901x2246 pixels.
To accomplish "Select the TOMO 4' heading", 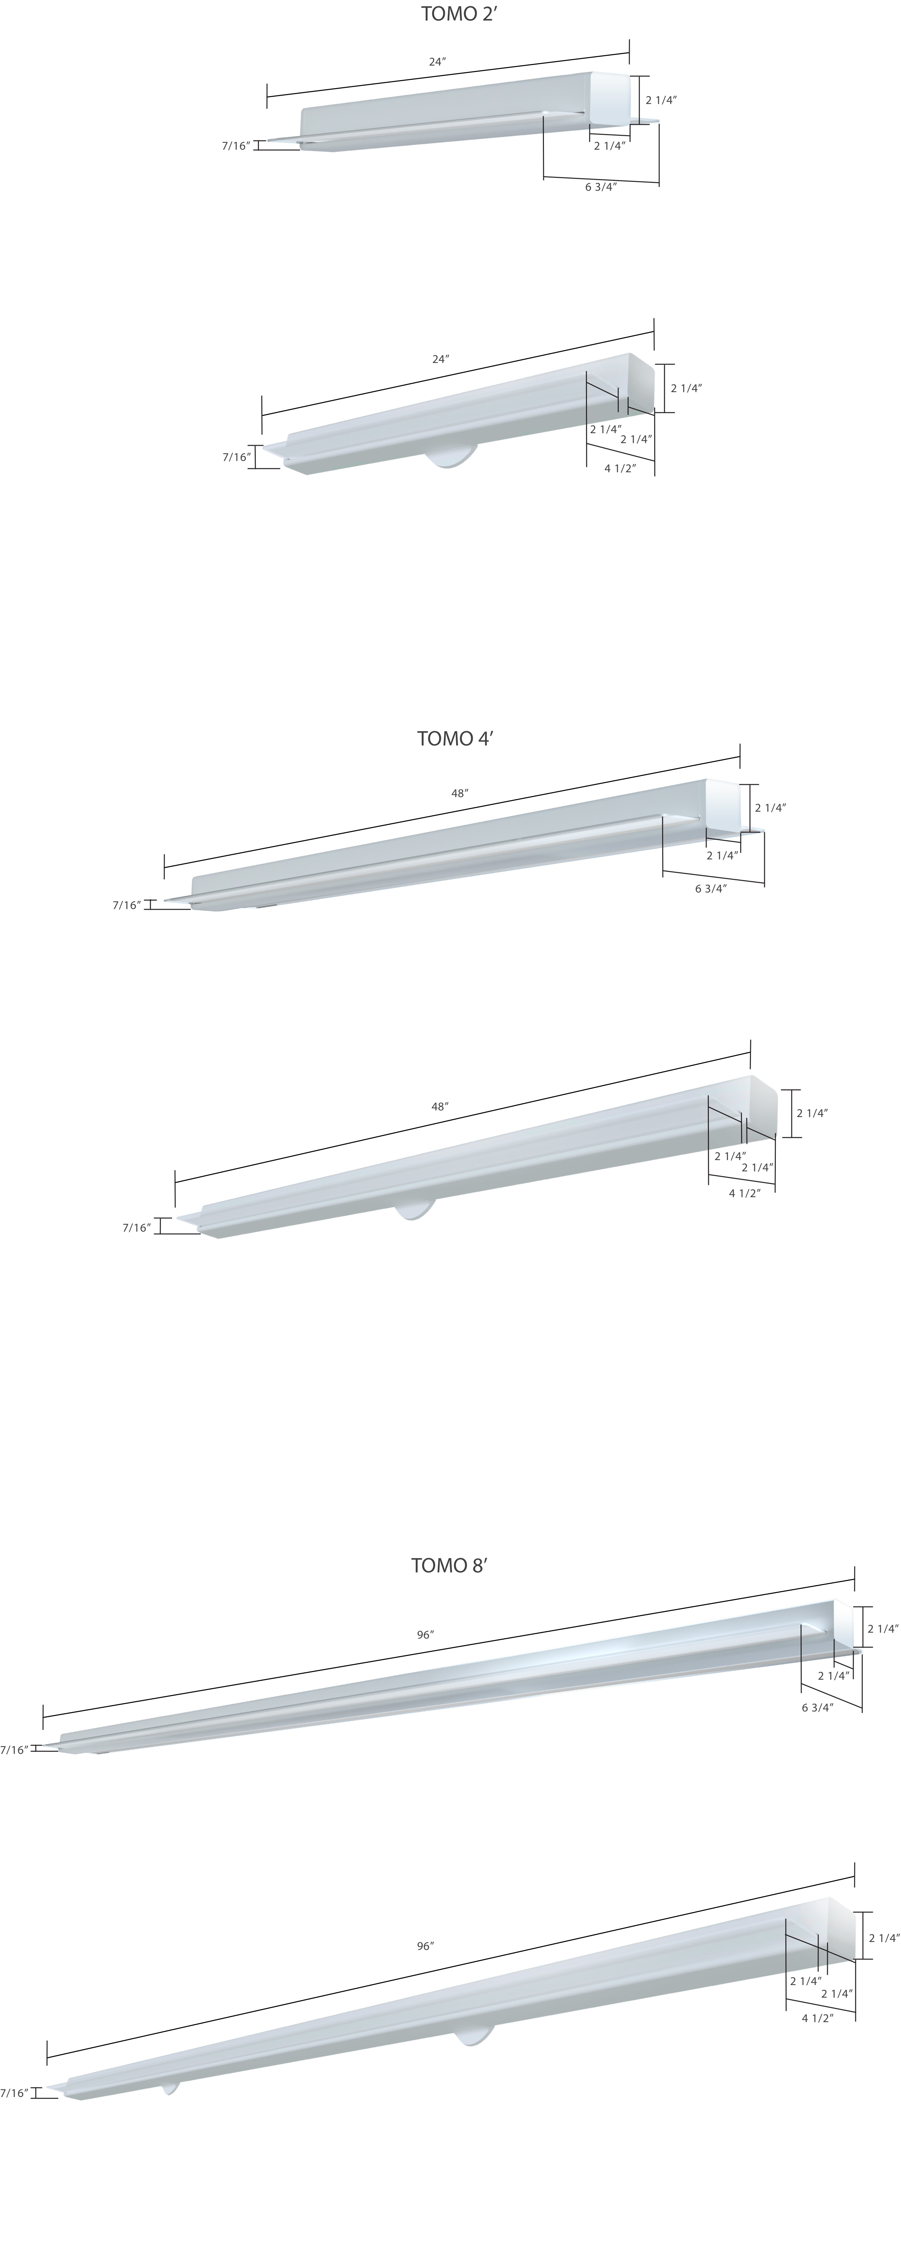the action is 455,739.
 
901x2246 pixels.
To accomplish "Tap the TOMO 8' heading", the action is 449,1565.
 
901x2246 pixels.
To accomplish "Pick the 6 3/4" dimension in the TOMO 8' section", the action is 817,1707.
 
